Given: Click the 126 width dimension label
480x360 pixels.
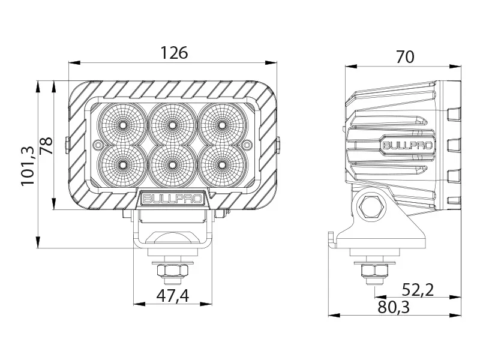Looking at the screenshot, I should pyautogui.click(x=174, y=53).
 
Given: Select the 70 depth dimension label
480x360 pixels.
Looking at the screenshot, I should pyautogui.click(x=405, y=57).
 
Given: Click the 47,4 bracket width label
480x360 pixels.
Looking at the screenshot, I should pyautogui.click(x=172, y=295).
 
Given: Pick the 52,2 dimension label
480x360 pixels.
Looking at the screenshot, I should pyautogui.click(x=418, y=290).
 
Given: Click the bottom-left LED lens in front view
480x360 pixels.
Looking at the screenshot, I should pyautogui.click(x=122, y=163).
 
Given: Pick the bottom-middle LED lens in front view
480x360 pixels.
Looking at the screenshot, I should pyautogui.click(x=172, y=163).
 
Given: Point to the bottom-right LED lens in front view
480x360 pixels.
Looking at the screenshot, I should pyautogui.click(x=222, y=163).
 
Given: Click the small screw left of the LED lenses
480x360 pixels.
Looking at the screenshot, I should pyautogui.click(x=98, y=144).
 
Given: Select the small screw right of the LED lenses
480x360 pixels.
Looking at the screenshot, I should pyautogui.click(x=247, y=144).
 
